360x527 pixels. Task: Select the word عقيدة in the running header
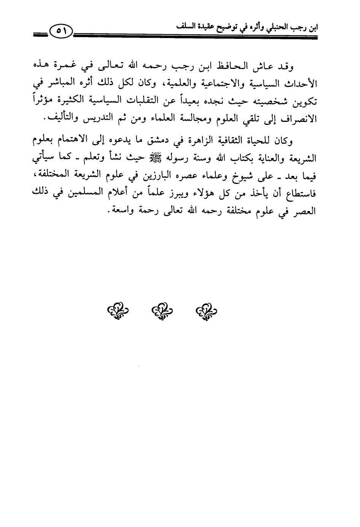[198, 28]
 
